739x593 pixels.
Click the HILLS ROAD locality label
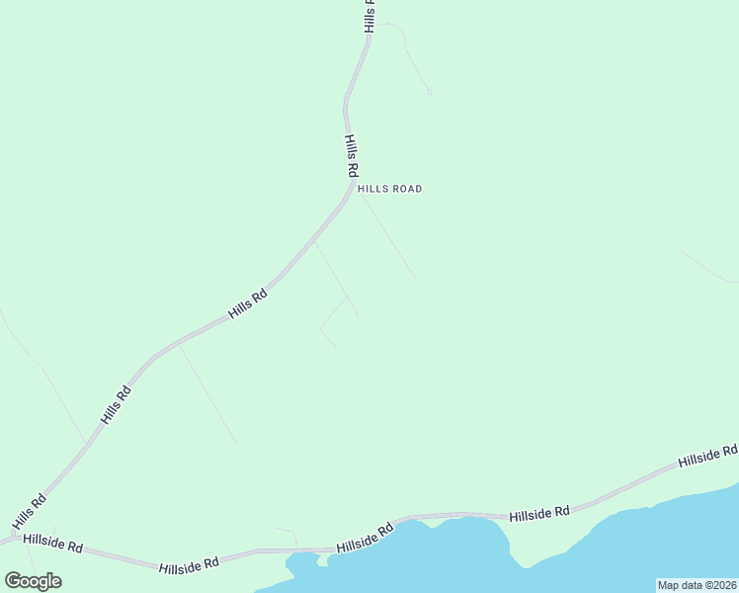389,189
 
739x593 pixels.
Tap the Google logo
33,580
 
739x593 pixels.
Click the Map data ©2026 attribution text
697,585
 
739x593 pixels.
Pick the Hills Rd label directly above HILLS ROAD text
351,156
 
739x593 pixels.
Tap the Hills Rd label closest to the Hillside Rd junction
30,510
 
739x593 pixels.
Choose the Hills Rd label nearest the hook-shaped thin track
248,302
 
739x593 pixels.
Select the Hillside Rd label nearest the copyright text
707,456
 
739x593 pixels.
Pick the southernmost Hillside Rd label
189,564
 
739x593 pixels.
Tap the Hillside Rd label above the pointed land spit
540,513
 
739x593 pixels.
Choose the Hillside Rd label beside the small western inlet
365,538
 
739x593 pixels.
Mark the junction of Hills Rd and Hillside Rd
12,539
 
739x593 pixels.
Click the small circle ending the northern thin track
429,92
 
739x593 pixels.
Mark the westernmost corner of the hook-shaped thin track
320,327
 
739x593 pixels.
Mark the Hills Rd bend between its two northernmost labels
347,99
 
